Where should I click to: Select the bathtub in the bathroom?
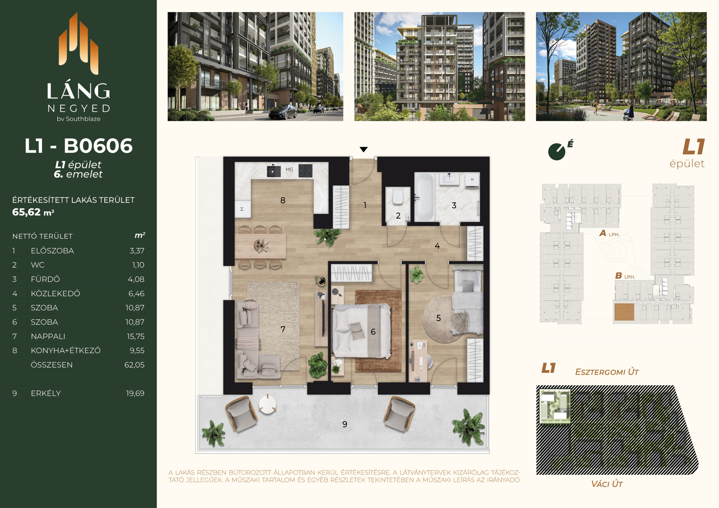pos(424,197)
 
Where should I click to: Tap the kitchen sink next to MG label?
pos(274,171)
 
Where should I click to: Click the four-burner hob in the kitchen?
pos(305,171)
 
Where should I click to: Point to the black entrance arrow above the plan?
pos(363,149)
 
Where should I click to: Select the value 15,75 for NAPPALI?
pos(136,337)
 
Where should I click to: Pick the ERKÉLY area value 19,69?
pos(135,393)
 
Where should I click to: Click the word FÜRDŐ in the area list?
pos(45,279)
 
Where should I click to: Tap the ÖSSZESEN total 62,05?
pos(134,365)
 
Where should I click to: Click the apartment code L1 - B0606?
pos(79,146)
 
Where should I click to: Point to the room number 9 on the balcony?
pos(345,424)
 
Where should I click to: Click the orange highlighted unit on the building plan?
pos(624,312)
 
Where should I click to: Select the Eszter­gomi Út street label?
pos(607,372)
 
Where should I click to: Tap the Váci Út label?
pos(607,484)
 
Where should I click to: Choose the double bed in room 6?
pos(362,331)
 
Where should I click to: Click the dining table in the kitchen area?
pos(260,246)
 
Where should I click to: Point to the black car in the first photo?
pos(283,112)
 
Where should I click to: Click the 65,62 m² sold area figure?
pos(33,212)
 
